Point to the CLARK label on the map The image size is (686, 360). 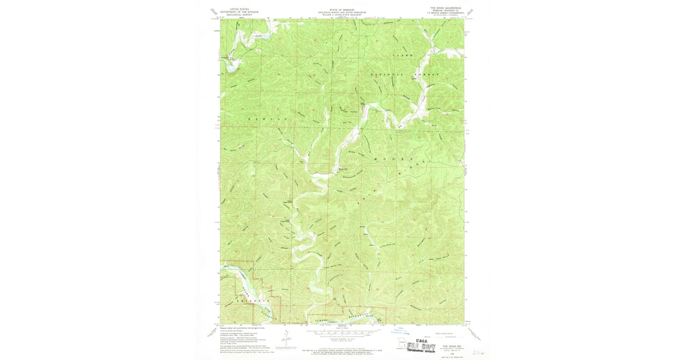[402, 55]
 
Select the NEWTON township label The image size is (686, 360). [266, 118]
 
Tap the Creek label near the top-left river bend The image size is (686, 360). [250, 34]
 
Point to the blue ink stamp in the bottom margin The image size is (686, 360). [400, 330]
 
